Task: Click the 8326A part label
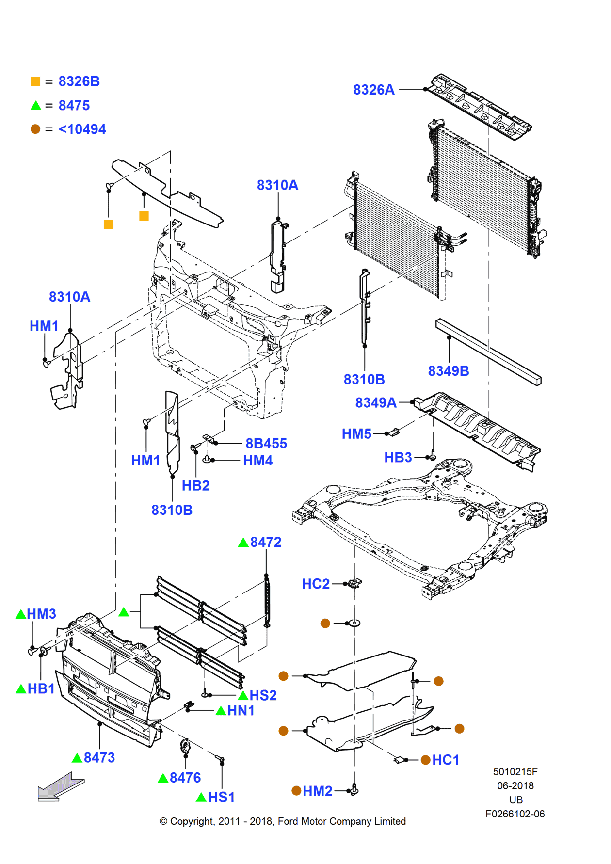click(x=373, y=90)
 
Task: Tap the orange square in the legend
click(x=35, y=81)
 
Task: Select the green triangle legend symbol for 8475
click(x=36, y=106)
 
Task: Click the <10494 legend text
click(x=82, y=129)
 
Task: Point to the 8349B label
click(x=448, y=371)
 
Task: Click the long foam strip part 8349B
click(x=488, y=352)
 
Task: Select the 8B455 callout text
click(x=266, y=443)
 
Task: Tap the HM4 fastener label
click(x=257, y=461)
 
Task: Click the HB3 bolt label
click(x=398, y=457)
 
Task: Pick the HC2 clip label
click(x=316, y=584)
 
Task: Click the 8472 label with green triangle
click(x=265, y=542)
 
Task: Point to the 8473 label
click(x=99, y=757)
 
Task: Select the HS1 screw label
click(x=221, y=797)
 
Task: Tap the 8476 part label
click(x=185, y=778)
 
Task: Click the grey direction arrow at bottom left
click(x=60, y=786)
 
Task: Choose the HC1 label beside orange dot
click(x=445, y=760)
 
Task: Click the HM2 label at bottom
click(x=317, y=791)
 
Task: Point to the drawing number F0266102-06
click(x=515, y=814)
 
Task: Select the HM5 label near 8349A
click(x=356, y=433)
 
